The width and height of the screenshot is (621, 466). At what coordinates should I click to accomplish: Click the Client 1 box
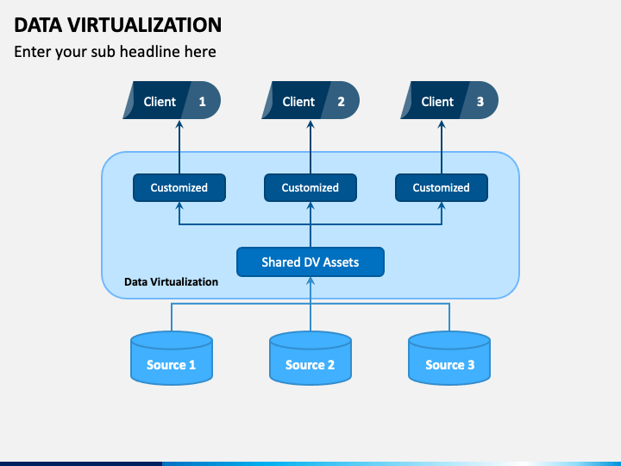pyautogui.click(x=172, y=100)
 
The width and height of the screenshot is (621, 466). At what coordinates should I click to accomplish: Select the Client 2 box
pyautogui.click(x=310, y=100)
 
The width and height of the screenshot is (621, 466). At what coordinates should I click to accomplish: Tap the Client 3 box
pyautogui.click(x=449, y=100)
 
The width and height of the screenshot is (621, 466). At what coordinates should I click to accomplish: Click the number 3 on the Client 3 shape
pyautogui.click(x=480, y=102)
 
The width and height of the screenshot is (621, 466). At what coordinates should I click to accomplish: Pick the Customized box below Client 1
pyautogui.click(x=179, y=188)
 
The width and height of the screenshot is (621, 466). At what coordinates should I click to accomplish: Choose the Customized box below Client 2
pyautogui.click(x=310, y=188)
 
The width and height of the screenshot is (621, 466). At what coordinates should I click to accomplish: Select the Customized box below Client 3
pyautogui.click(x=442, y=188)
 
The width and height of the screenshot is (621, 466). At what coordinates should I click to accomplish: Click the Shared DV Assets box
pyautogui.click(x=310, y=262)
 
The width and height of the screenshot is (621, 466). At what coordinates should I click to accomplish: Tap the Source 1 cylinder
pyautogui.click(x=172, y=358)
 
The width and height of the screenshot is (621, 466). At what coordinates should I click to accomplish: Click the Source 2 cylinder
pyautogui.click(x=310, y=358)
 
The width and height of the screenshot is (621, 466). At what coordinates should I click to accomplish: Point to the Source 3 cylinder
pyautogui.click(x=449, y=358)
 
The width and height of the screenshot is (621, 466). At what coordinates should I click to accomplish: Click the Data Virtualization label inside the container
pyautogui.click(x=171, y=281)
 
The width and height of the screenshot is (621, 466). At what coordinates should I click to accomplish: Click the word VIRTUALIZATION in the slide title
pyautogui.click(x=145, y=25)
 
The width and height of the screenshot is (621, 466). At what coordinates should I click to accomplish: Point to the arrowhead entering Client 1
pyautogui.click(x=179, y=124)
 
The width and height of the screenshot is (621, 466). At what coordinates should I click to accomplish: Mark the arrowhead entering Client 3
pyautogui.click(x=442, y=124)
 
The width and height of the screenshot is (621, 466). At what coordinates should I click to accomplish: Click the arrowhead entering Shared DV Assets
pyautogui.click(x=310, y=281)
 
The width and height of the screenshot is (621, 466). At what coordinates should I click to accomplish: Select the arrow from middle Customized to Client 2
pyautogui.click(x=310, y=147)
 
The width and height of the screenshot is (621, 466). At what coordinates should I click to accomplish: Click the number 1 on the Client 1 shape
pyautogui.click(x=202, y=102)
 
